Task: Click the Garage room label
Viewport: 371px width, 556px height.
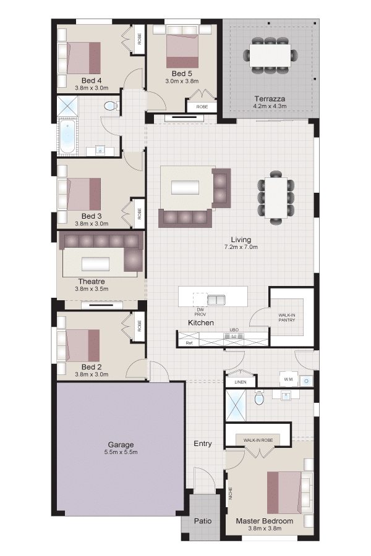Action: tap(121, 444)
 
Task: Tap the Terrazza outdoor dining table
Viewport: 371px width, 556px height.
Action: tap(270, 55)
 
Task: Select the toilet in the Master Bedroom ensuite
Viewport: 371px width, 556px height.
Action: tap(260, 397)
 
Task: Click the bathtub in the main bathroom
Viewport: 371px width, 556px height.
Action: tap(67, 137)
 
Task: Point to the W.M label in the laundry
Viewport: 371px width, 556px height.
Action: tap(288, 379)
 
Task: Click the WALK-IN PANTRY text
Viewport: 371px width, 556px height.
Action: tap(287, 318)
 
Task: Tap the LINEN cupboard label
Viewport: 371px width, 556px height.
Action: tap(241, 382)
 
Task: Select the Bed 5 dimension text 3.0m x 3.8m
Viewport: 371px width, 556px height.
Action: tap(182, 81)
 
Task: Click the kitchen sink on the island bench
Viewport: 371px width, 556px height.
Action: tap(216, 300)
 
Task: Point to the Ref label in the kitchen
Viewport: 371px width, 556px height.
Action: tap(189, 343)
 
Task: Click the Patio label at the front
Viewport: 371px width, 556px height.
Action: tap(203, 521)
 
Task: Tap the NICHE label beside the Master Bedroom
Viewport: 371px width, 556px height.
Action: tap(231, 493)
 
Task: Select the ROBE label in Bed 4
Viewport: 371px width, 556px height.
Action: tap(140, 39)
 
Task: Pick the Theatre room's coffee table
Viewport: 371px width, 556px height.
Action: tap(95, 264)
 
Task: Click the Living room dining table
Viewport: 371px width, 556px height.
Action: tap(276, 198)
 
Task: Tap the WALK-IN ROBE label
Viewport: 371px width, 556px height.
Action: tap(258, 440)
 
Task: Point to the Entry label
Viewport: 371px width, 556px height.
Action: tap(203, 443)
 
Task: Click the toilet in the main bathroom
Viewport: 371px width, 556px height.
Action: tap(111, 106)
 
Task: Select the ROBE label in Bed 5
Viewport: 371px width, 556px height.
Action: tap(202, 107)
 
